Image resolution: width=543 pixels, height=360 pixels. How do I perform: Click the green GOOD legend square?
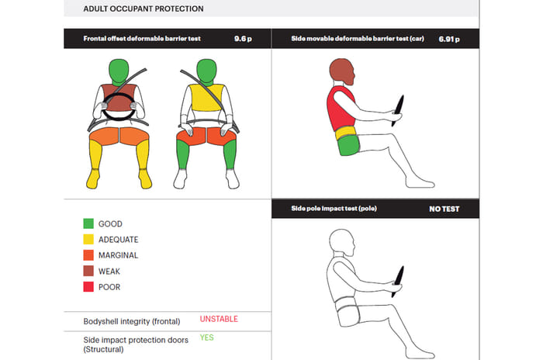point(88,223)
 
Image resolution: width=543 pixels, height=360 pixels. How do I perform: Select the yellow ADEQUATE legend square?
point(88,240)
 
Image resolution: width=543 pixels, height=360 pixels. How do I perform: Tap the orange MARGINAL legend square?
point(88,255)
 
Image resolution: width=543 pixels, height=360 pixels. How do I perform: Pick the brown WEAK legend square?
point(88,271)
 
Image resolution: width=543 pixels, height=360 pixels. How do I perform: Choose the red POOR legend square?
point(88,287)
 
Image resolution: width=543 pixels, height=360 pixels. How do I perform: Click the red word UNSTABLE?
point(219,319)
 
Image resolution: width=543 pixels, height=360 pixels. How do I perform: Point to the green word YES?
point(207,337)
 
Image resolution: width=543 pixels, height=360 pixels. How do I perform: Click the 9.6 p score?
point(243,39)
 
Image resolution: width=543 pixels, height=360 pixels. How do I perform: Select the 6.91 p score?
point(449,39)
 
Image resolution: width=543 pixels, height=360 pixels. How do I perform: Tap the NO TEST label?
point(444,209)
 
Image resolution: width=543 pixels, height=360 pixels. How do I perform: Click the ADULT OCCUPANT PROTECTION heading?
point(144,9)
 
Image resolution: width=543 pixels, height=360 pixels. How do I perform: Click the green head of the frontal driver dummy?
point(119,71)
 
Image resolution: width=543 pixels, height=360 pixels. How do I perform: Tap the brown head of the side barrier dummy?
point(342,71)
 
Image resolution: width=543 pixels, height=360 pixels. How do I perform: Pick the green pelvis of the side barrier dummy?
point(348,146)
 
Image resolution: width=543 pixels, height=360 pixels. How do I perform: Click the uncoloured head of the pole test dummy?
point(342,243)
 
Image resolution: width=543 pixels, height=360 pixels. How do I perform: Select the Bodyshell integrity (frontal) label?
point(132,321)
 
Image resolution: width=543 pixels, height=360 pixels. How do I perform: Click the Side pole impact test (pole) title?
point(334,209)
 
